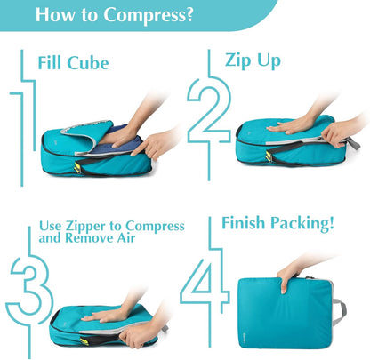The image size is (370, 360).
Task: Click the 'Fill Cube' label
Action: (x=73, y=64)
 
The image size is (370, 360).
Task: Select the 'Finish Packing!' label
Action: (x=278, y=223)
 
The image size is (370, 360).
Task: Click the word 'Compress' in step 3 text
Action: (x=153, y=227)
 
